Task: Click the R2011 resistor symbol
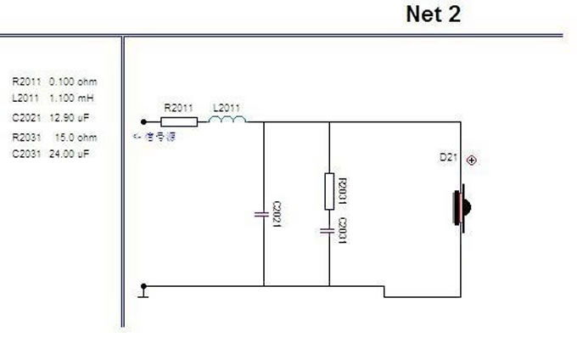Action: (x=179, y=121)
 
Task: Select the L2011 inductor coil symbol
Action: (x=227, y=120)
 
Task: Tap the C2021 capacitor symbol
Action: (x=263, y=213)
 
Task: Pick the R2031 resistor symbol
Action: (x=328, y=191)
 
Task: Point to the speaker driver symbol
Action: (x=462, y=206)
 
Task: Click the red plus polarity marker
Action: (x=472, y=160)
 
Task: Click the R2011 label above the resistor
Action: (x=178, y=108)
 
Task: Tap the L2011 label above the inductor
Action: (x=227, y=108)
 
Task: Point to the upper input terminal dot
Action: (x=143, y=121)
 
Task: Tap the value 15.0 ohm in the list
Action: (x=76, y=138)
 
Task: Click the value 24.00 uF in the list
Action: (x=71, y=154)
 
